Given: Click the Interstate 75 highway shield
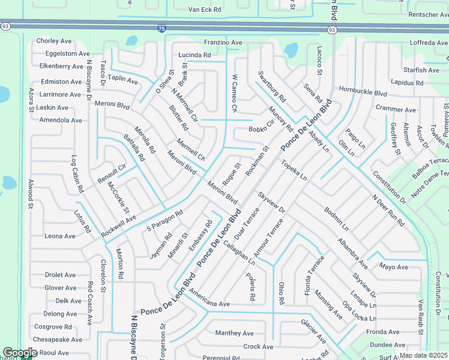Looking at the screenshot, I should tap(161, 28).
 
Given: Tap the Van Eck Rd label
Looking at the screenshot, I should tap(205, 10).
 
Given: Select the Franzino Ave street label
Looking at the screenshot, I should tap(223, 43).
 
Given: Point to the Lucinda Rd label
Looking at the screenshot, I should tap(194, 55).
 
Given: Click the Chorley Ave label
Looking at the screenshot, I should tap(54, 41).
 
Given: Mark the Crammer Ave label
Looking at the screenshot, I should tap(396, 110).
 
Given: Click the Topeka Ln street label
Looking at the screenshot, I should tap(294, 170).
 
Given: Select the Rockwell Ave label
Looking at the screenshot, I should tap(118, 225).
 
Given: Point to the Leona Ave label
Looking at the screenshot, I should tap(60, 236).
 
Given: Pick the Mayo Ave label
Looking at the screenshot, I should tap(393, 267).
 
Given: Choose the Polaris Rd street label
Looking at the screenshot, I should tap(252, 287).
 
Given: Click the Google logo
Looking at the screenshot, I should tap(19, 353).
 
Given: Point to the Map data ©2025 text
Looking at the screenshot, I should tap(423, 355).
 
